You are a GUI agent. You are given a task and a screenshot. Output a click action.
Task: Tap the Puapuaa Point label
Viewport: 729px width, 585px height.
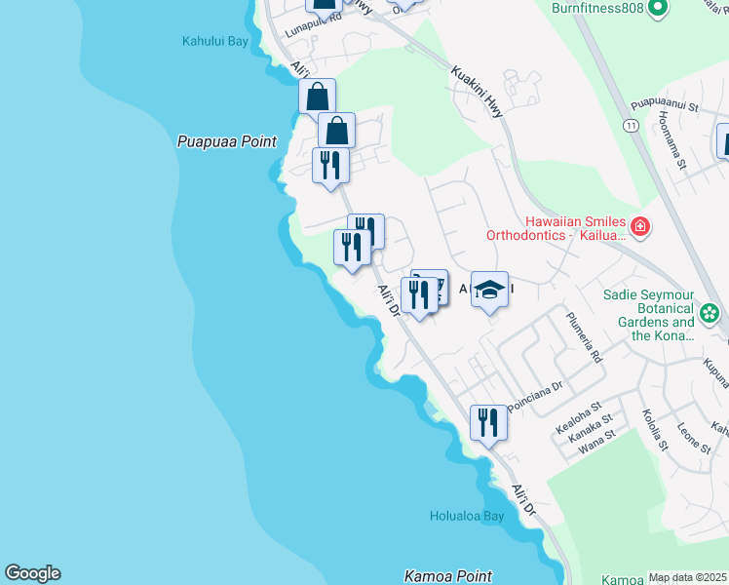tap(227, 141)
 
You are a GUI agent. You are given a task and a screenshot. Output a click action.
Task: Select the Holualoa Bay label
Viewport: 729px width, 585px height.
tap(467, 516)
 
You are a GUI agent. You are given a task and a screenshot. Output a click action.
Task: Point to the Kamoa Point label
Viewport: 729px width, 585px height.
tap(448, 576)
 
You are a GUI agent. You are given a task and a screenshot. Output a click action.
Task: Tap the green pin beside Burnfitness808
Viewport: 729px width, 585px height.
tap(657, 8)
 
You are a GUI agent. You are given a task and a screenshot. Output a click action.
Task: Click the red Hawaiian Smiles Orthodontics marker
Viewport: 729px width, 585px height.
tap(640, 227)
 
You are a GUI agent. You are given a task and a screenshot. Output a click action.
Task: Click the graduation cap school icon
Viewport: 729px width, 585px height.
tap(490, 290)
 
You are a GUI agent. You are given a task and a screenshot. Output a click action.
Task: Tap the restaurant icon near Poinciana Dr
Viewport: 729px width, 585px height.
tap(488, 422)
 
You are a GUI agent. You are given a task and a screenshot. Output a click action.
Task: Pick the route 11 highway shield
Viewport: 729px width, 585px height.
tap(632, 126)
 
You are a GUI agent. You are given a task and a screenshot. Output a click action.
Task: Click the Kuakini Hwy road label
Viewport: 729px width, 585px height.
tap(478, 93)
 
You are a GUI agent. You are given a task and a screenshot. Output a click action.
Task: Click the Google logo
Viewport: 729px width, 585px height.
tap(32, 573)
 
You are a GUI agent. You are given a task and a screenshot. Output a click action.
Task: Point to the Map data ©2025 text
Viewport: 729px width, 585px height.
tap(688, 577)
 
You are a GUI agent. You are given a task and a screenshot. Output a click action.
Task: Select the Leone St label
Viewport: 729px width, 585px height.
tap(693, 435)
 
